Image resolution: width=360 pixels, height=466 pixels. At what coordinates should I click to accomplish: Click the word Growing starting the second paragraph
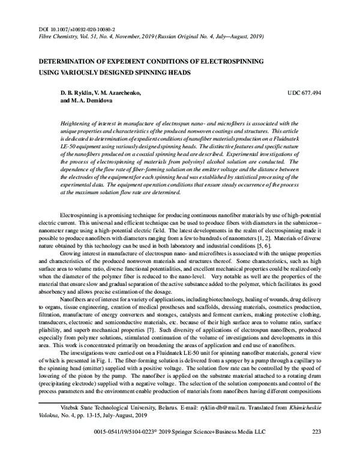73,254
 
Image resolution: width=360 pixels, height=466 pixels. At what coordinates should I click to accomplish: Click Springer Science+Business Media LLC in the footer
239,449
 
